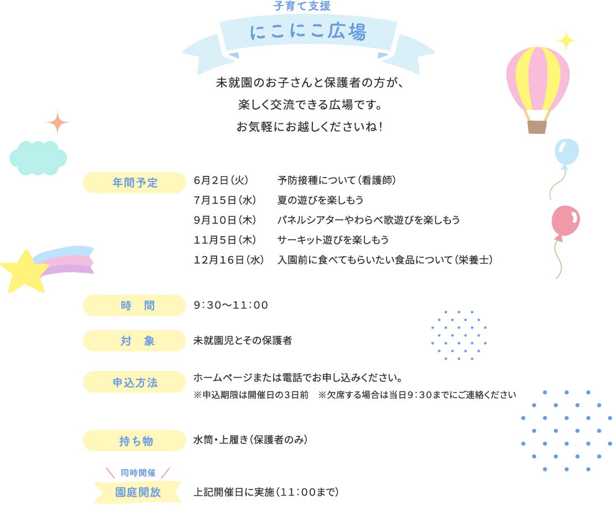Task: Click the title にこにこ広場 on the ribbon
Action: (x=308, y=33)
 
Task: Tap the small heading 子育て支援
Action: (x=302, y=7)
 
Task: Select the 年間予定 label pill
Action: (x=135, y=183)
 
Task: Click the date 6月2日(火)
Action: (x=220, y=181)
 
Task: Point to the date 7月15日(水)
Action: (x=224, y=200)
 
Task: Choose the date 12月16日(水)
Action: (x=228, y=260)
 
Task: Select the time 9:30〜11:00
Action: (x=231, y=305)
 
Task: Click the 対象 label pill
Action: (x=135, y=341)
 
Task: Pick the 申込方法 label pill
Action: (x=135, y=382)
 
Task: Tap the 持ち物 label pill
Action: (x=135, y=441)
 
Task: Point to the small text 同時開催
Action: (x=138, y=473)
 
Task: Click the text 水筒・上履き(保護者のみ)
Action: (x=250, y=440)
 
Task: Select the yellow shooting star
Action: (x=24, y=270)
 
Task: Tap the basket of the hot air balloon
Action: (x=537, y=127)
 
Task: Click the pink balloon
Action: (x=565, y=221)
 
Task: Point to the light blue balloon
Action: (x=566, y=152)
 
